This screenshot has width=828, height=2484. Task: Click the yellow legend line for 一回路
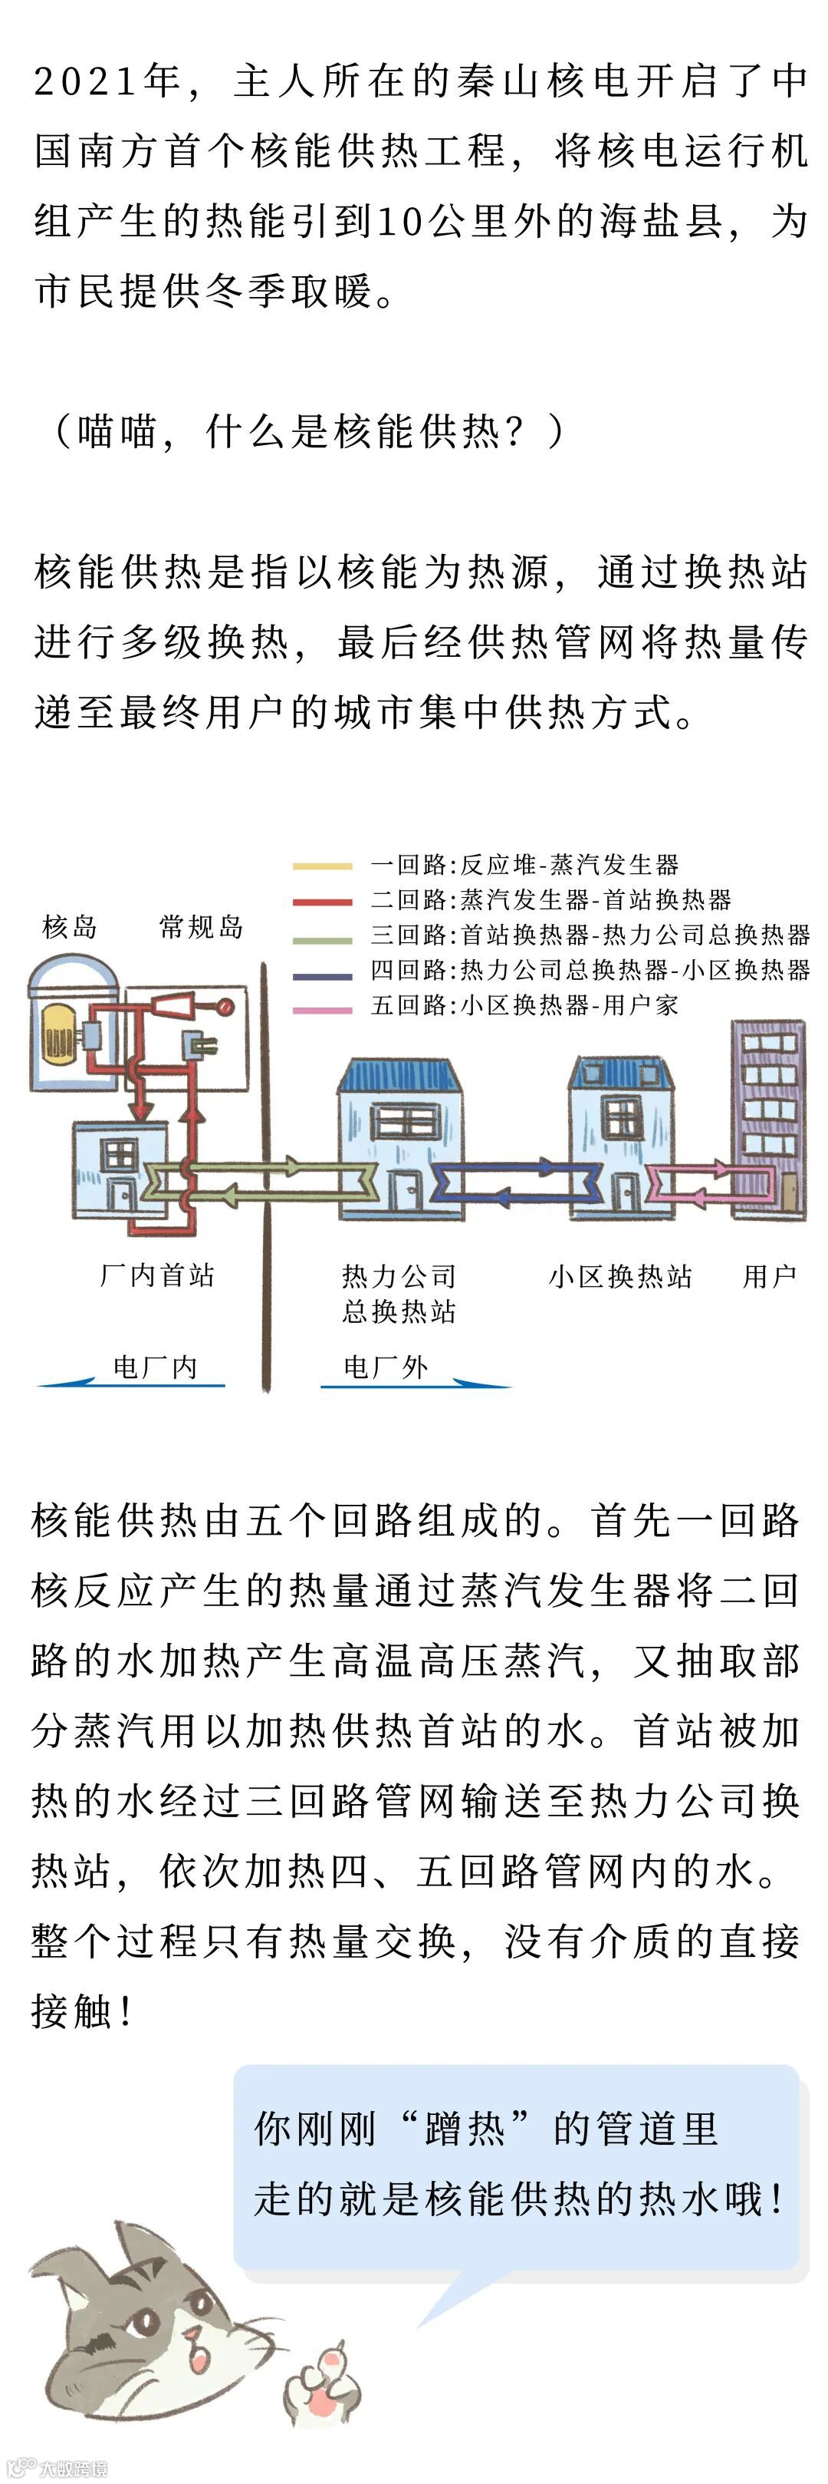click(322, 866)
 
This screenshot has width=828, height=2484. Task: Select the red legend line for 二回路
click(322, 902)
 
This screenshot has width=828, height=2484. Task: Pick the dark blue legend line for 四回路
click(322, 975)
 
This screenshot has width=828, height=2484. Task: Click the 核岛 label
click(71, 927)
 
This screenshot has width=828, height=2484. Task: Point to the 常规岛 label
click(201, 927)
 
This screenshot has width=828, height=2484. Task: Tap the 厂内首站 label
click(157, 1275)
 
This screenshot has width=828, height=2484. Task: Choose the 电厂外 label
click(386, 1367)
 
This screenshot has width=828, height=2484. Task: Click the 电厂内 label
click(155, 1367)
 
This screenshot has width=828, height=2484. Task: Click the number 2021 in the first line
click(86, 81)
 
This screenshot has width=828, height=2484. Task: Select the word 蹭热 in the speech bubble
click(465, 2128)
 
